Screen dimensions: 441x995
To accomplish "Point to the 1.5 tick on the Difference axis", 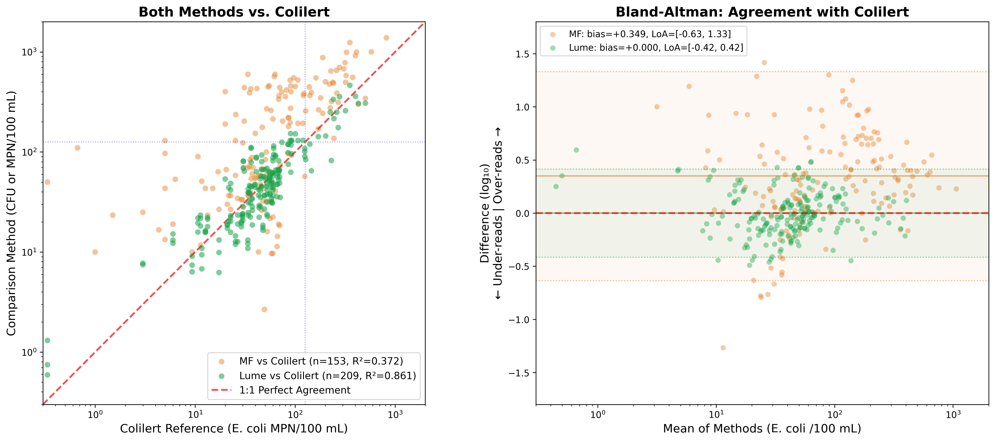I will (522, 54).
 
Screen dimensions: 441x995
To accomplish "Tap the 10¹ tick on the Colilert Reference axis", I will (196, 415).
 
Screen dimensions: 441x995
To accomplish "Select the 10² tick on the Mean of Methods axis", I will (835, 415).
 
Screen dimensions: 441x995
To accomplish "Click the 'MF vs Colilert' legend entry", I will (321, 361).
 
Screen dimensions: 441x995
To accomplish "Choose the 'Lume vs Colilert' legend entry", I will (327, 376).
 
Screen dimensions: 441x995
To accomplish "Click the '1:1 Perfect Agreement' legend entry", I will (294, 390).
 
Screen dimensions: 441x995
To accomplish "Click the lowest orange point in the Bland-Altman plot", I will (723, 348).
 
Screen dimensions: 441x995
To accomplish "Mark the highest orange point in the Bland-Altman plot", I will (764, 63).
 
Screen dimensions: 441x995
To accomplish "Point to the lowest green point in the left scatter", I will (47, 375).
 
